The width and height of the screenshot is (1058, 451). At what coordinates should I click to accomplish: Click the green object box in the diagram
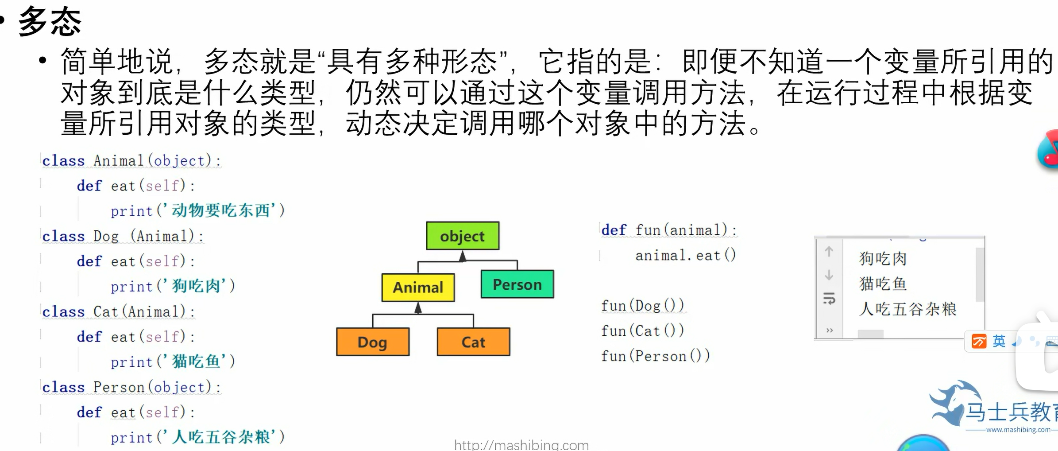[x=463, y=236]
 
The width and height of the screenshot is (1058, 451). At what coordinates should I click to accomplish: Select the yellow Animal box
[x=418, y=288]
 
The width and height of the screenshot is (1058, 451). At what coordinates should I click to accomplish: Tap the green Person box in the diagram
[x=517, y=284]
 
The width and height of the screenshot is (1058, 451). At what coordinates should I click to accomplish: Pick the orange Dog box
[x=373, y=342]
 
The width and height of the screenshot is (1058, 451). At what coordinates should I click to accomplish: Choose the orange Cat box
[x=473, y=342]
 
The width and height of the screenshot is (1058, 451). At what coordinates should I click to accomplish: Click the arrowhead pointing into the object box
[x=463, y=256]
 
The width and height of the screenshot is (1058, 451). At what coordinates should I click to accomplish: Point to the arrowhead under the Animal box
[x=418, y=308]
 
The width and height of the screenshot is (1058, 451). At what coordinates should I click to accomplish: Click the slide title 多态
[x=50, y=21]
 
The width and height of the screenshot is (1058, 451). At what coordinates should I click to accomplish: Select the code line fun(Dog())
[x=642, y=306]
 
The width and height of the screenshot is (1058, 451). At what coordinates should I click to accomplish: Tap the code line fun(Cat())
[x=642, y=330]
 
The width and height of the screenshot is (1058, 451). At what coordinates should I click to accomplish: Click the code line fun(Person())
[x=655, y=356]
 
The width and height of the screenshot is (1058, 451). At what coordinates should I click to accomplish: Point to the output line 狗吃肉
[x=883, y=259]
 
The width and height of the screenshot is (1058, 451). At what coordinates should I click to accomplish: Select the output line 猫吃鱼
[x=883, y=284]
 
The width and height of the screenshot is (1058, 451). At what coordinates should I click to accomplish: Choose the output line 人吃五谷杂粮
[x=907, y=309]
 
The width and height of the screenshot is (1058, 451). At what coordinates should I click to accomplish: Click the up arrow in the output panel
[x=829, y=252]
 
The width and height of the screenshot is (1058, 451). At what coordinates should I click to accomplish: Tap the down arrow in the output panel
[x=829, y=275]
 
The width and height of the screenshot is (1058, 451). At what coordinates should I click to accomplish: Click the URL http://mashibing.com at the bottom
[x=521, y=445]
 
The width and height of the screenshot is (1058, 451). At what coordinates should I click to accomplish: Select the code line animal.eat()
[x=686, y=255]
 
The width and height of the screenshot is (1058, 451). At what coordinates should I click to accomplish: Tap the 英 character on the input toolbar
[x=999, y=341]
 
